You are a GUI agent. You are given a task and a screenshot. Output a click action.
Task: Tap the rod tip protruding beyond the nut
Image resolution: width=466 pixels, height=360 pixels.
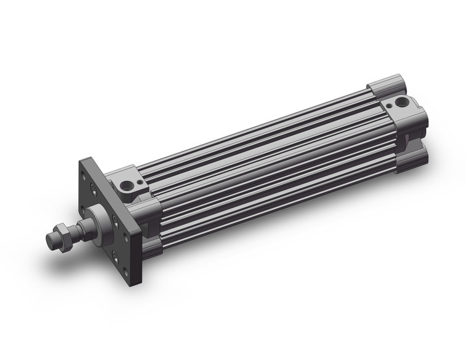[50, 239]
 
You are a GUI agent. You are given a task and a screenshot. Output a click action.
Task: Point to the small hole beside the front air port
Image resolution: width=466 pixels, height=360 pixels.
[139, 182]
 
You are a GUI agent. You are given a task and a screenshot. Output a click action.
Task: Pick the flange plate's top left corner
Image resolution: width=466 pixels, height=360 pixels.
[81, 161]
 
